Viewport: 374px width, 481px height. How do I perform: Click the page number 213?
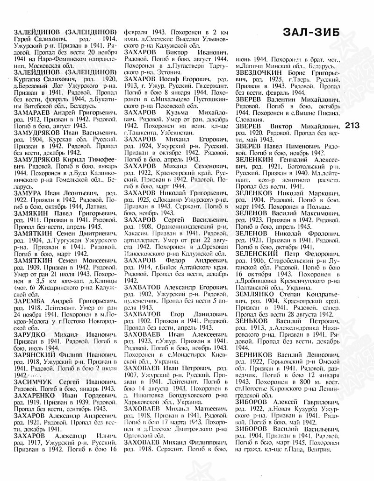click(355, 126)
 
